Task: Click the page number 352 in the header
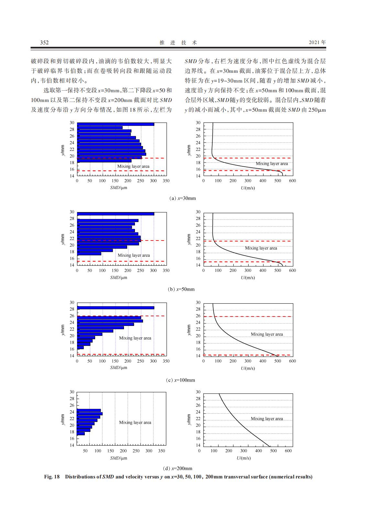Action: click(44, 42)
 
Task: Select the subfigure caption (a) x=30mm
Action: click(183, 198)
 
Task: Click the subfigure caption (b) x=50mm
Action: click(182, 289)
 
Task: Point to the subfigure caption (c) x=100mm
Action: click(181, 380)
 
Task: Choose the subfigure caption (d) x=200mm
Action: click(178, 468)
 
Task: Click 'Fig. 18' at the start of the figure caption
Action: click(52, 477)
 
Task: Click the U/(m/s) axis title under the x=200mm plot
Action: click(244, 458)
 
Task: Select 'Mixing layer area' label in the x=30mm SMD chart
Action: click(133, 166)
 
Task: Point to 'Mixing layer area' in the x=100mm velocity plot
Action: click(267, 334)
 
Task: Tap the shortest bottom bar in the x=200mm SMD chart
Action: click(81, 433)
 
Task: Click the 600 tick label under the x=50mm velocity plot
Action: click(292, 270)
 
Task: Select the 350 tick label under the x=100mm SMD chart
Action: click(165, 361)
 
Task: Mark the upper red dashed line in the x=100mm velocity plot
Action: click(252, 317)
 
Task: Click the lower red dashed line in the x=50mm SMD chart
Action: click(121, 261)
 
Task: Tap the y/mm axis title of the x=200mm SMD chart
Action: click(63, 419)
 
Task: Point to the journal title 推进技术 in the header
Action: click(178, 42)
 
